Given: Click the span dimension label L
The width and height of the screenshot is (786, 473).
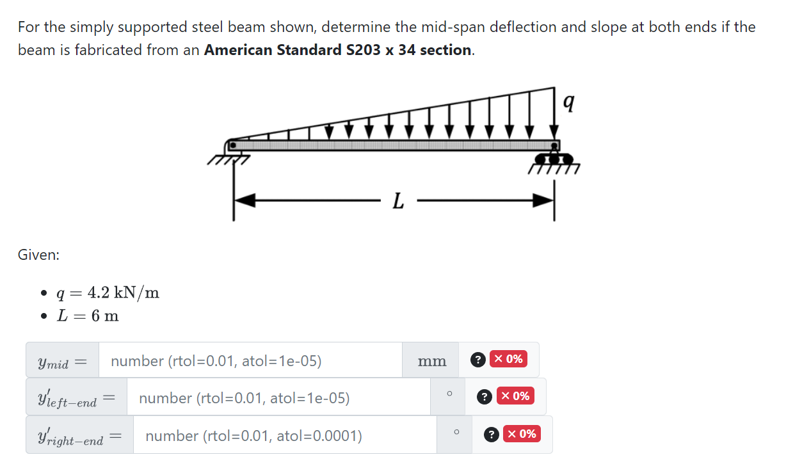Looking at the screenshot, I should coord(397,202).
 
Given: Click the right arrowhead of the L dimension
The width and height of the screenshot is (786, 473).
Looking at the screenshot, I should coord(543,201).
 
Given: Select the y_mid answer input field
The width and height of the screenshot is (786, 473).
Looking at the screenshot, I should coord(250,361).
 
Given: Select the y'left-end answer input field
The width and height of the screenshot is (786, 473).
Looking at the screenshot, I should coord(278,398).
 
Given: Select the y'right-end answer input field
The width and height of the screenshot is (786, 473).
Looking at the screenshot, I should coord(284,436).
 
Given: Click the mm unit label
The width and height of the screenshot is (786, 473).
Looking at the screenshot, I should coord(432,362).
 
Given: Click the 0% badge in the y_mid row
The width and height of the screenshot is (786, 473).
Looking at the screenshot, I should coord(508,359).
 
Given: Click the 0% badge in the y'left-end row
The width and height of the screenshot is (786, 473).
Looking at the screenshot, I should coord(515,396).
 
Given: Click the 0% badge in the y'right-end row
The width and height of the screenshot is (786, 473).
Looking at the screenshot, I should coord(521,434).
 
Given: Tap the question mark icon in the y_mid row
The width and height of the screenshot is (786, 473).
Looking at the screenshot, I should coord(477,360).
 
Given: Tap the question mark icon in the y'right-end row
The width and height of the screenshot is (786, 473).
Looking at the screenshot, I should coord(491,435).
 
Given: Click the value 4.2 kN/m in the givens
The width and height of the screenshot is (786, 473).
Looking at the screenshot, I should coord(123,293).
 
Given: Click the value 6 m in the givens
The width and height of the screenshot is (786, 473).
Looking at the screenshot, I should coord(105,316).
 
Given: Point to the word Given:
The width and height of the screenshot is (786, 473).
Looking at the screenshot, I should coord(38,255).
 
